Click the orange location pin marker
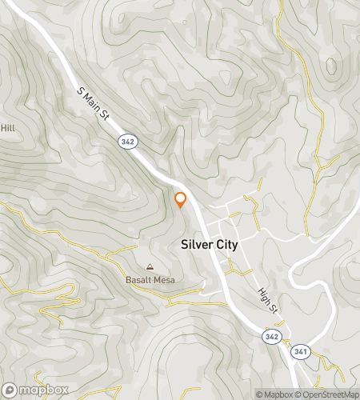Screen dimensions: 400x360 (x=181, y=200)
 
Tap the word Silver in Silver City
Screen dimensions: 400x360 (x=197, y=246)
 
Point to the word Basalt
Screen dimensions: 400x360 (x=140, y=280)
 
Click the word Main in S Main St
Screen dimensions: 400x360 (x=93, y=102)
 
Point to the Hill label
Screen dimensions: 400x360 (x=8, y=128)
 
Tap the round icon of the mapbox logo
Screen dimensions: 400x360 (x=10, y=390)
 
